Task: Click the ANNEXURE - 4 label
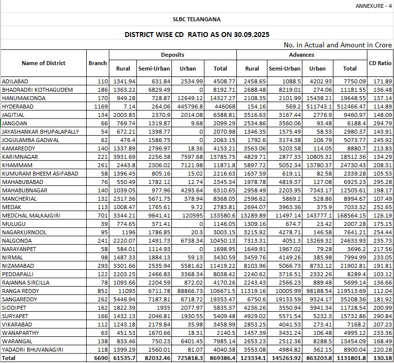(x=374, y=6)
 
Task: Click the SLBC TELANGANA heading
(x=197, y=20)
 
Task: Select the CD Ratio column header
(x=380, y=64)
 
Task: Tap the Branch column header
(x=98, y=63)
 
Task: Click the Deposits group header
(x=172, y=55)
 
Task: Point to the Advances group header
(x=301, y=55)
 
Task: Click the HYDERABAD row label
(x=18, y=107)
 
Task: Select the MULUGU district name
(x=14, y=224)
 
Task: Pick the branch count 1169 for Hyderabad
(x=100, y=107)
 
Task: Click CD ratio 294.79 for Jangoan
(x=383, y=123)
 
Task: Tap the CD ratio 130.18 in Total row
(x=383, y=358)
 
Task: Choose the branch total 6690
(x=100, y=358)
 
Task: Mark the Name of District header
(x=43, y=63)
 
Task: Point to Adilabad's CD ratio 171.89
(x=383, y=81)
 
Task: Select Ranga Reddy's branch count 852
(x=102, y=291)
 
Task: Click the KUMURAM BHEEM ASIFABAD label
(x=36, y=174)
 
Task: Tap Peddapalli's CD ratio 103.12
(x=383, y=274)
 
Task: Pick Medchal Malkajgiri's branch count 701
(x=102, y=216)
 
